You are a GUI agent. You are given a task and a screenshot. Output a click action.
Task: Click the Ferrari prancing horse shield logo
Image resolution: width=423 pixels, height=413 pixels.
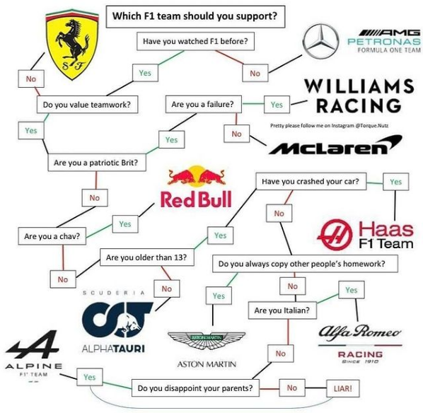point(72,45)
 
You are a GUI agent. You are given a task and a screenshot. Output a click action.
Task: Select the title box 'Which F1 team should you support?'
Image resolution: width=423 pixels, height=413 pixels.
point(195,16)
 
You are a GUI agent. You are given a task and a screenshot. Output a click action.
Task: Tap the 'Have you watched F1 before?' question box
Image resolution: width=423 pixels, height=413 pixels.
point(195,41)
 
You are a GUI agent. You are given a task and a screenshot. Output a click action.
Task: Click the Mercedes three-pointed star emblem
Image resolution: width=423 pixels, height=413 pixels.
point(320,41)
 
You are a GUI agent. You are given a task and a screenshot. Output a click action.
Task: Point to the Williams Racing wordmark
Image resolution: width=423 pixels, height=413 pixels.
point(359,95)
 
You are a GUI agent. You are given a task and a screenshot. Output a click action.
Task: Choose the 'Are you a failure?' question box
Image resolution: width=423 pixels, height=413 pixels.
point(204,104)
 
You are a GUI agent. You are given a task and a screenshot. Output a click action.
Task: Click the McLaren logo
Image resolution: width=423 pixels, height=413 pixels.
point(335,145)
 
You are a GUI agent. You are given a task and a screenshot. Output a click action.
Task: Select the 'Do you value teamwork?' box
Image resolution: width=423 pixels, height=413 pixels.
point(88,105)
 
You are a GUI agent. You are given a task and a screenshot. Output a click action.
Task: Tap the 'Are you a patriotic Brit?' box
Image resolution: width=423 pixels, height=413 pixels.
point(97,163)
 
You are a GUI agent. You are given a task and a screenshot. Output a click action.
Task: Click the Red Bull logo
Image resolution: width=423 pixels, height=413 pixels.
point(197,187)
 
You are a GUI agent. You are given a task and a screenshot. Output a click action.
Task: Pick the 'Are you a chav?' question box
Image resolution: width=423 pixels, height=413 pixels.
point(52,236)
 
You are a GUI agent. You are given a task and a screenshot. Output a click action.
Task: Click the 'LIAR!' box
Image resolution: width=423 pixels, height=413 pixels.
point(343,388)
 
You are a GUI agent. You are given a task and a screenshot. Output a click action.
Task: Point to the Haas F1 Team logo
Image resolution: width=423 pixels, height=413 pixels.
point(365,234)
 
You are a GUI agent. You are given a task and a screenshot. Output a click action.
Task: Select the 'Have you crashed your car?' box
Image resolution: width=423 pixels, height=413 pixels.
point(311,181)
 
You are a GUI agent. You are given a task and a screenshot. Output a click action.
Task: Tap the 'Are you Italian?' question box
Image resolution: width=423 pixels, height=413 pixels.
point(282,310)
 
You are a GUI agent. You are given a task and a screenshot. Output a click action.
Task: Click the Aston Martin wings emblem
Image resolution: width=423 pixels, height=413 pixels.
point(207,340)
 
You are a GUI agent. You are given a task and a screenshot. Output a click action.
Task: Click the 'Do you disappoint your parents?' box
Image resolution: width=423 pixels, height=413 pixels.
point(195,388)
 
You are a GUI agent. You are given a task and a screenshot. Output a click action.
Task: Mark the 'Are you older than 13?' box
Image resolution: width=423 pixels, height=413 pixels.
point(146,257)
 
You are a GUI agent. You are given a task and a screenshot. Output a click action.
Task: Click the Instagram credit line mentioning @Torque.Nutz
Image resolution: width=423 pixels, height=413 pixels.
point(330,125)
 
